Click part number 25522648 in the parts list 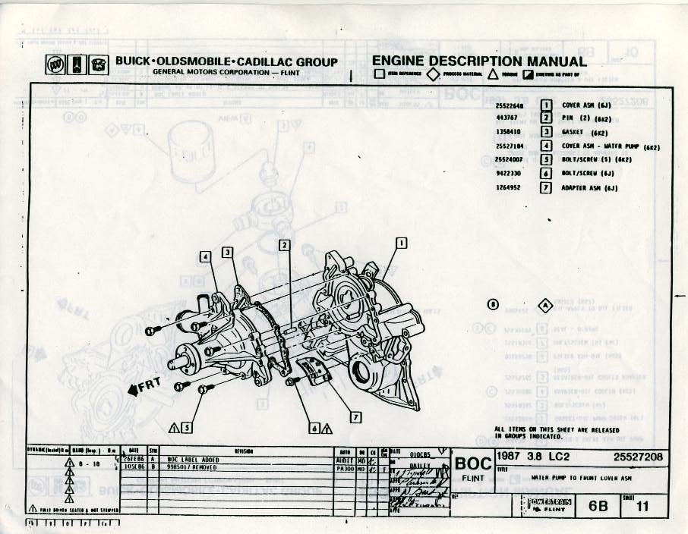510,106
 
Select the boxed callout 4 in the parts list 545,146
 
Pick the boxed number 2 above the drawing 284,245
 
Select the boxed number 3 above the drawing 227,252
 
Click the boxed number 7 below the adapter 356,417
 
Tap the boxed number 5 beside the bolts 187,427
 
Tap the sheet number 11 642,507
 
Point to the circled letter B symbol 493,305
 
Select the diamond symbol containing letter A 544,305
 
